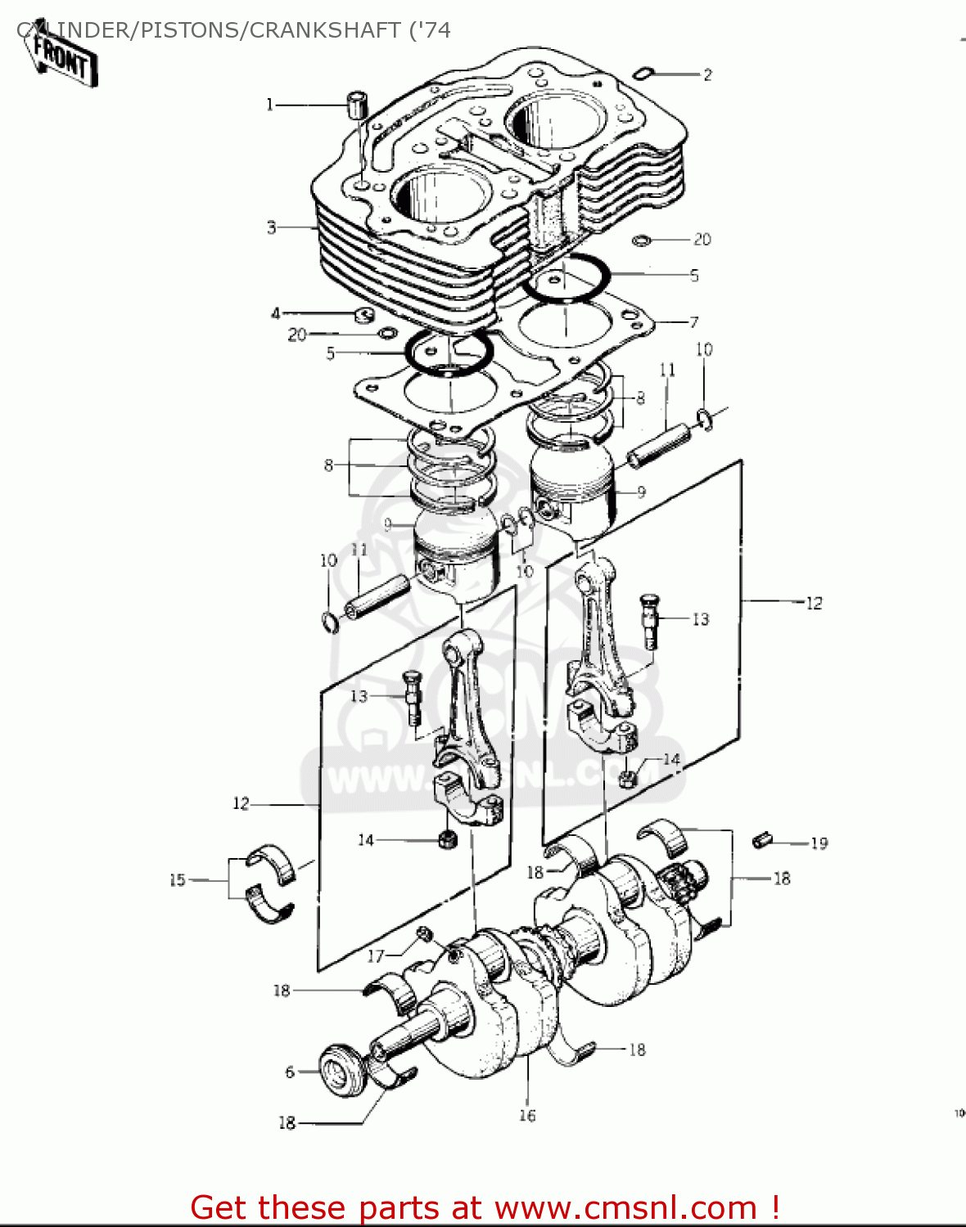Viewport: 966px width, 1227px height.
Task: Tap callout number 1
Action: click(x=269, y=105)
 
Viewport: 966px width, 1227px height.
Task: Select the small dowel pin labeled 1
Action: click(x=357, y=105)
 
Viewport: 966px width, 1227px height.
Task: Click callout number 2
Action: click(x=707, y=74)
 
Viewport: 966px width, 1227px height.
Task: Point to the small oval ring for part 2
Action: click(x=643, y=74)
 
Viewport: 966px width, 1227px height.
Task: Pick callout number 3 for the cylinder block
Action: click(x=272, y=227)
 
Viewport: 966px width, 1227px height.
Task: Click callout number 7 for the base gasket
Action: click(x=693, y=321)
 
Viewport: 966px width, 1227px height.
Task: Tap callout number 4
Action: click(x=276, y=313)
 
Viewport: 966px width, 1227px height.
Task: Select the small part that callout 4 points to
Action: click(x=363, y=315)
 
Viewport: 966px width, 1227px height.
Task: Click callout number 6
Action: click(x=290, y=1072)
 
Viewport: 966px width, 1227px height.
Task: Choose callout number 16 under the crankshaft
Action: click(x=527, y=1115)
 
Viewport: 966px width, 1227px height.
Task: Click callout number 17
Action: click(x=375, y=956)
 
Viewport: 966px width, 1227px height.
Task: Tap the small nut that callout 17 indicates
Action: click(x=425, y=934)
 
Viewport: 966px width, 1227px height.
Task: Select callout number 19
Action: click(x=819, y=843)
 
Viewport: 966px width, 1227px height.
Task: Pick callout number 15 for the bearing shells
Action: click(x=178, y=880)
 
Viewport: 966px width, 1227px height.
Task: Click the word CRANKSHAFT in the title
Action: click(x=325, y=30)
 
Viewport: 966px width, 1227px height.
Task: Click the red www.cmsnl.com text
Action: click(x=626, y=1207)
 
